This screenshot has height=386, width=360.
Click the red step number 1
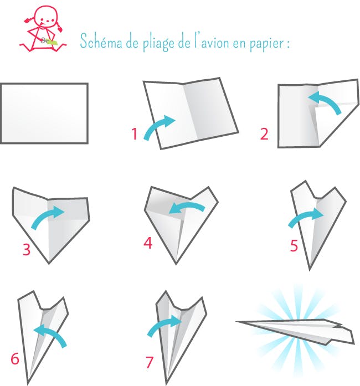(x=135, y=134)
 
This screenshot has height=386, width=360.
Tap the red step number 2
(x=264, y=134)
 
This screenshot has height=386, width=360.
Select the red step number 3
(x=27, y=249)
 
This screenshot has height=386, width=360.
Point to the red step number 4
(x=148, y=243)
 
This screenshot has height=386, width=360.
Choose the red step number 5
(x=294, y=245)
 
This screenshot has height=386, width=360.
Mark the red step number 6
(x=15, y=358)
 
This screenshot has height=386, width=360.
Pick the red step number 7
(x=150, y=362)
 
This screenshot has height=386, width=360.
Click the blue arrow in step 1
(x=158, y=126)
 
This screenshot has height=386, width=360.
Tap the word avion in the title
(x=215, y=43)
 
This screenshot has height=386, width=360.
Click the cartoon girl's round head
(x=45, y=17)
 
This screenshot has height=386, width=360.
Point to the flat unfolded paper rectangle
(x=44, y=113)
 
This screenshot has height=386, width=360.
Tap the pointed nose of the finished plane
(x=236, y=322)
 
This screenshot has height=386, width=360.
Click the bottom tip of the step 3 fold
(x=49, y=264)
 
